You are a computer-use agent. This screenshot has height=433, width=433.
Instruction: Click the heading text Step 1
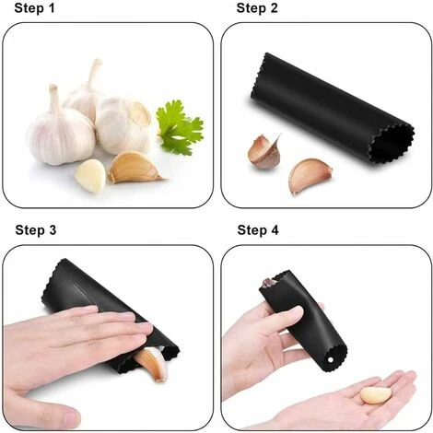pyautogui.click(x=34, y=8)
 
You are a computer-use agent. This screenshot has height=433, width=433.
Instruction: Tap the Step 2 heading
pyautogui.click(x=257, y=8)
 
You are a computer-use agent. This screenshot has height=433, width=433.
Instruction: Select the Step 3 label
pyautogui.click(x=36, y=230)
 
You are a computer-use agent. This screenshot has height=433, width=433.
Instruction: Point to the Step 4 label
pyautogui.click(x=258, y=230)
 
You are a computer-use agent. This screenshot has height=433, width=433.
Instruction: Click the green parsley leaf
pyautogui.click(x=179, y=127)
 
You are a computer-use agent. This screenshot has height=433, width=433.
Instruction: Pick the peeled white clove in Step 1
pyautogui.click(x=90, y=176)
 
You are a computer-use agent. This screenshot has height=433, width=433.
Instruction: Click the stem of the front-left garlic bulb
pyautogui.click(x=54, y=99)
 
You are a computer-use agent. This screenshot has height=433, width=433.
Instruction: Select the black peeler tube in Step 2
pyautogui.click(x=332, y=109)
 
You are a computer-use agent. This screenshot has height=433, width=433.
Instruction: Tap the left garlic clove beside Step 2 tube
pyautogui.click(x=264, y=151)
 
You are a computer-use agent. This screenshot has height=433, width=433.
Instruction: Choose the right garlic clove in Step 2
pyautogui.click(x=309, y=174)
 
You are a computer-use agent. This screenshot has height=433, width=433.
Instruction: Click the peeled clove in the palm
pyautogui.click(x=376, y=395)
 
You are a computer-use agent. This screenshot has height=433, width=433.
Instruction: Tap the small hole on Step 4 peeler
pyautogui.click(x=331, y=359)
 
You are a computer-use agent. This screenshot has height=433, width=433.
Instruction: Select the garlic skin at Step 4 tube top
pyautogui.click(x=269, y=282)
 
